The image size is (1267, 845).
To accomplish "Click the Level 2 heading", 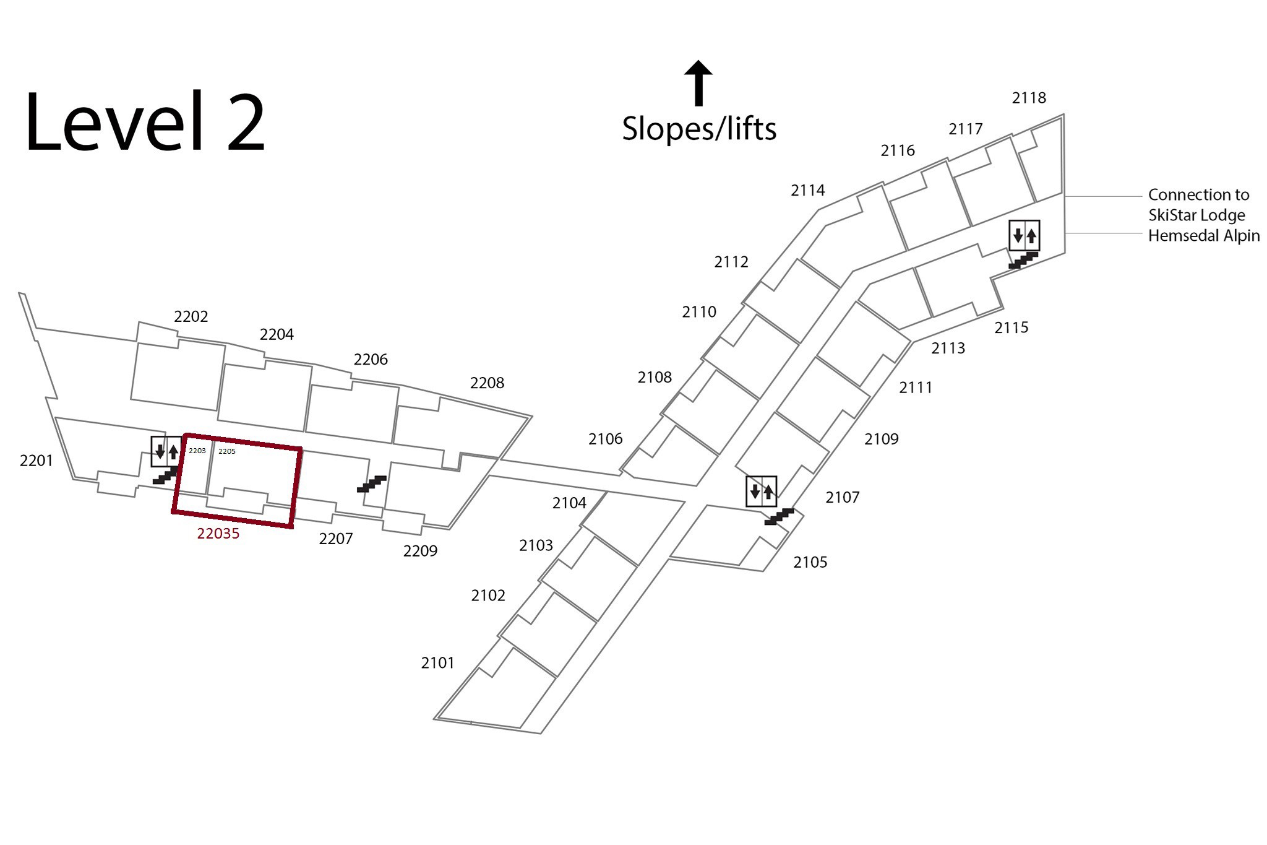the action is click(x=145, y=121).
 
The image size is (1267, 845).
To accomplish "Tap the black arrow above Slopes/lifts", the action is click(x=698, y=83).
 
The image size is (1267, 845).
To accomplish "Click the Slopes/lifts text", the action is click(x=699, y=129).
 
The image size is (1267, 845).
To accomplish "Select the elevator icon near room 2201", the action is click(x=166, y=452).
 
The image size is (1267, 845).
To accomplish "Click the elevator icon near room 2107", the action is click(x=761, y=492).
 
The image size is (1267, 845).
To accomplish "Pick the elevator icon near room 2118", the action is click(x=1024, y=235).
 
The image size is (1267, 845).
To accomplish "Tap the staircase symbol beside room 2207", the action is click(x=372, y=483).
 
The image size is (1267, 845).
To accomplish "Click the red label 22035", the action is click(x=218, y=534).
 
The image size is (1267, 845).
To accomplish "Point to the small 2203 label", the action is click(x=197, y=451).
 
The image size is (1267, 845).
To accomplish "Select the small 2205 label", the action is click(x=227, y=451).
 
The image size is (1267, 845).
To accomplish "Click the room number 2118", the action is click(x=1029, y=98).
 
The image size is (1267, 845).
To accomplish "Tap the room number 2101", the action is click(x=438, y=663).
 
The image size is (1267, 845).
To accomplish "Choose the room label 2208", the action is click(x=487, y=383).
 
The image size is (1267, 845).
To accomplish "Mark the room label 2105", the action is click(x=810, y=562).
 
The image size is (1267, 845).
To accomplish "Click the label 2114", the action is click(x=808, y=190).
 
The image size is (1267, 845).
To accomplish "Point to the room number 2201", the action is click(x=37, y=461).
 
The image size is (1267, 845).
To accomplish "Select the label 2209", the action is click(x=421, y=551).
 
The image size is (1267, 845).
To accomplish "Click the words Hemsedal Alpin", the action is click(x=1204, y=236).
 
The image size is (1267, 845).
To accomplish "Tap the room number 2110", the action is click(x=699, y=312).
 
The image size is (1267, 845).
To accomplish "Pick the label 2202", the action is click(x=191, y=317).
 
